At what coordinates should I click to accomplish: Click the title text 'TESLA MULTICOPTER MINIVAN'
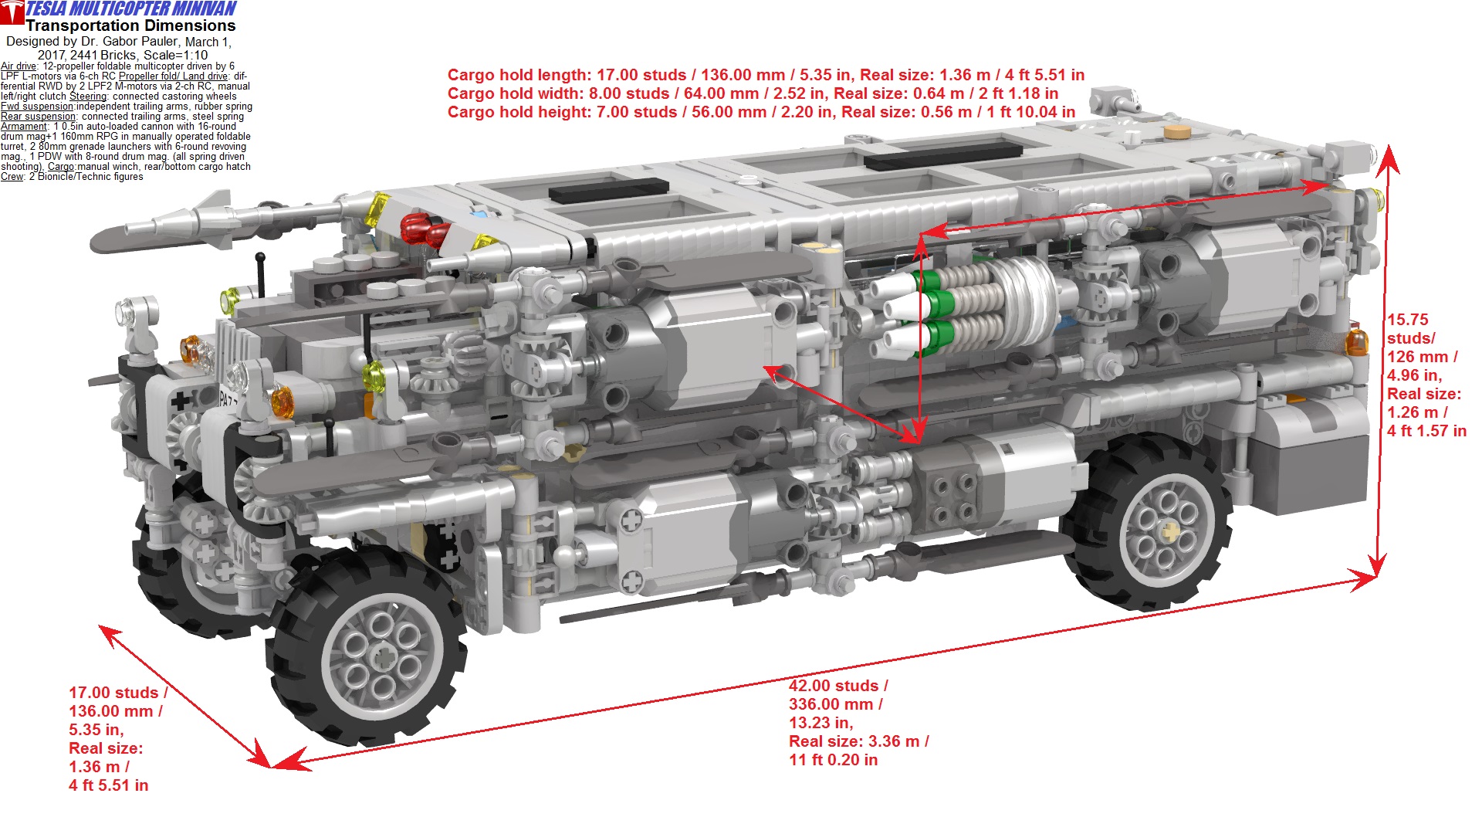(131, 8)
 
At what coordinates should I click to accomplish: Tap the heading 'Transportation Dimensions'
(130, 25)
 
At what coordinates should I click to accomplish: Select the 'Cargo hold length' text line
(766, 75)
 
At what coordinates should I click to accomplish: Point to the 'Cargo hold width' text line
(753, 93)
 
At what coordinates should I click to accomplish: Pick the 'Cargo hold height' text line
(761, 112)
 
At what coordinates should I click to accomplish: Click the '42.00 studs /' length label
(838, 686)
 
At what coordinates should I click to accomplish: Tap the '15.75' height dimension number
(1407, 320)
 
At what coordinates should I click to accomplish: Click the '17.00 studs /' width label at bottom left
(118, 693)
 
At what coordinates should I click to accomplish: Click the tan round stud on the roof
(1176, 132)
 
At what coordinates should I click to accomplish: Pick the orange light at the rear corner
(1355, 342)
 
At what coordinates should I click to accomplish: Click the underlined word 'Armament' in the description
(24, 127)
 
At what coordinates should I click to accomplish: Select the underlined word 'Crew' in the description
(12, 177)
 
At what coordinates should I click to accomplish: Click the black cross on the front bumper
(181, 401)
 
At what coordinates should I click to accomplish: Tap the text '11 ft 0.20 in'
(833, 760)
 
